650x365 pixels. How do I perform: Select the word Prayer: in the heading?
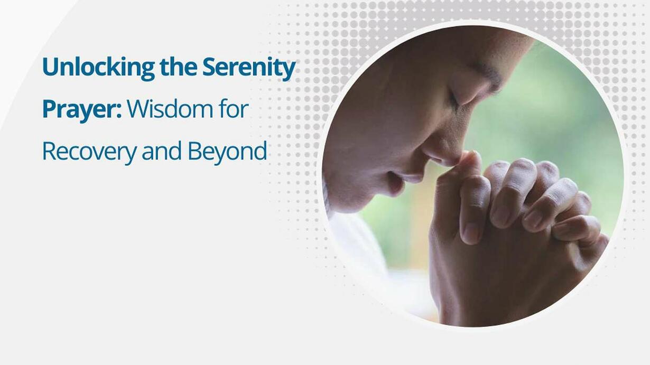tap(82, 110)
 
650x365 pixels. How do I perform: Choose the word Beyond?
tap(227, 152)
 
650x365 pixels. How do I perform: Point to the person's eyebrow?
tap(490, 77)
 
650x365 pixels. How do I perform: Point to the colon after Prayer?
tap(118, 111)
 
